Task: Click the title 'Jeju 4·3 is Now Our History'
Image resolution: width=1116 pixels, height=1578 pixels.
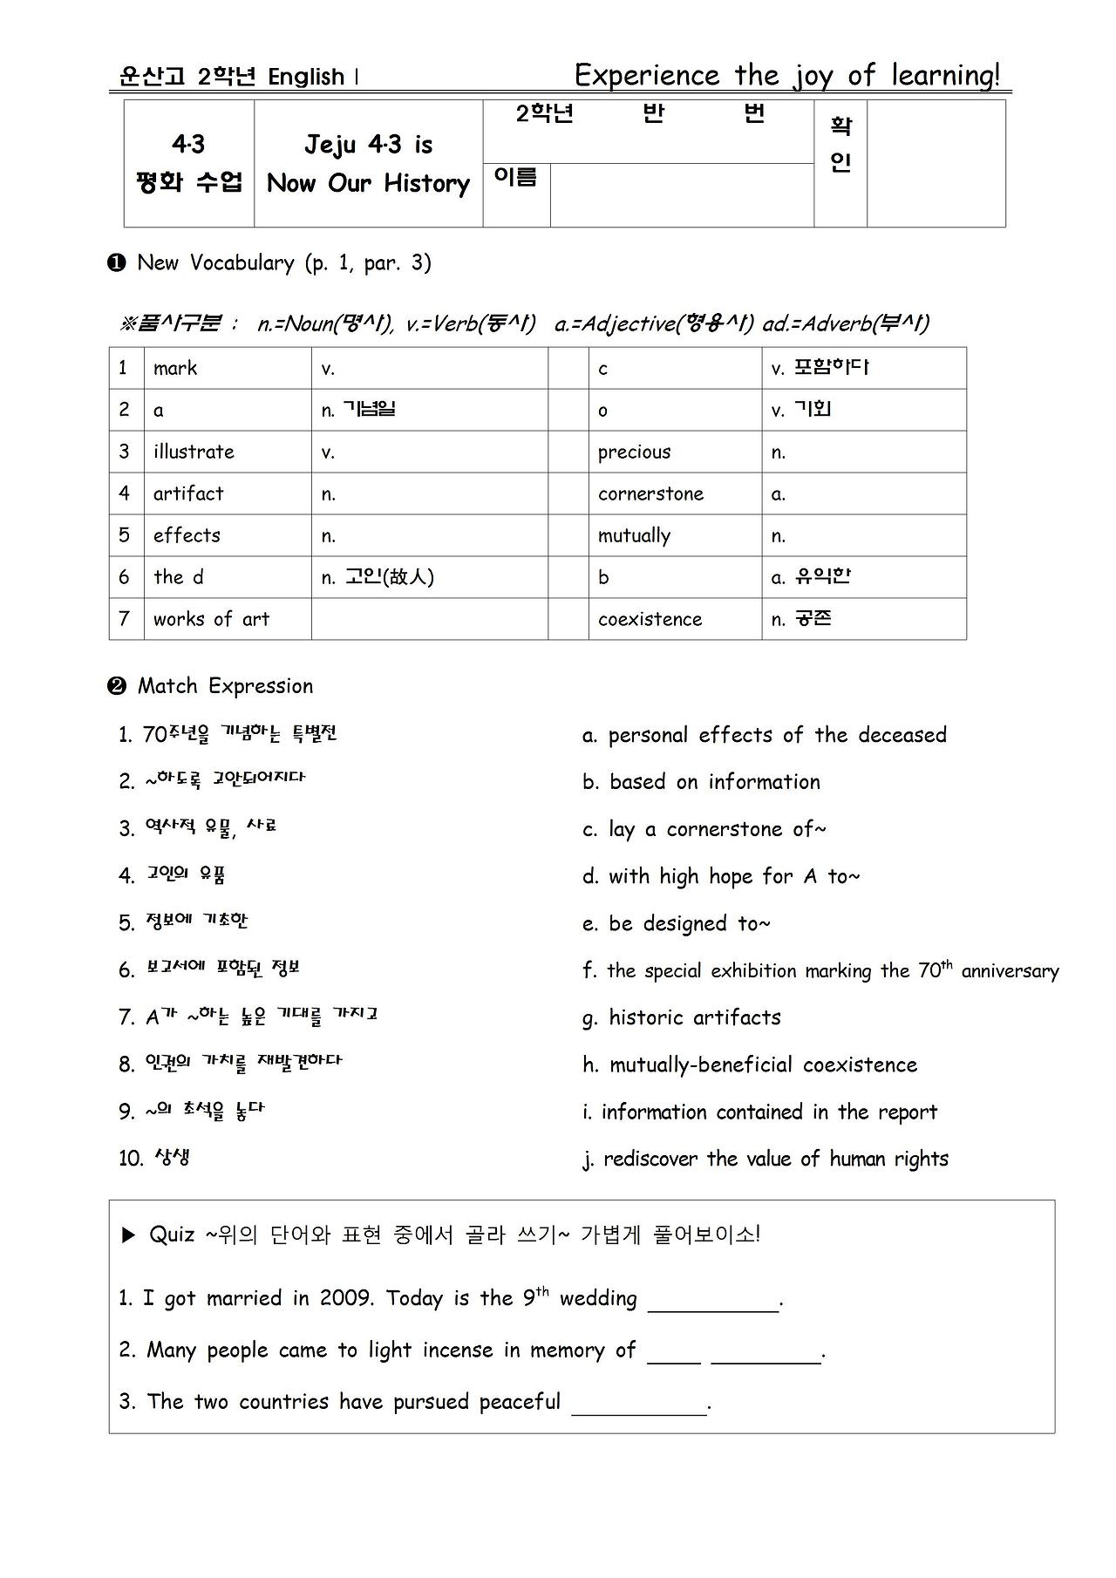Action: tap(368, 164)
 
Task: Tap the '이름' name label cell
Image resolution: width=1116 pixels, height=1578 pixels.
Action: tap(515, 177)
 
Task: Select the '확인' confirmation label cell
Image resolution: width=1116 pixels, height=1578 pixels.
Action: tap(840, 145)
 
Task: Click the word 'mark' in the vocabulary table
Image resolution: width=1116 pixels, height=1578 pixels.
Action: tap(175, 368)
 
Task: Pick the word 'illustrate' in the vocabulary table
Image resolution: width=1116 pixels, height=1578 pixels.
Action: tap(194, 452)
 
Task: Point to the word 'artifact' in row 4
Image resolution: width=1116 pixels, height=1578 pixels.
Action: tap(188, 493)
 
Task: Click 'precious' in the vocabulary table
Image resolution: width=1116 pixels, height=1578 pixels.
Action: tap(634, 452)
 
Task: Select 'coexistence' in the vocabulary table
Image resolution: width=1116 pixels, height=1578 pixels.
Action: tap(650, 619)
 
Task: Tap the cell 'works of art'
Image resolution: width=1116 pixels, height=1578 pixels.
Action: tap(211, 619)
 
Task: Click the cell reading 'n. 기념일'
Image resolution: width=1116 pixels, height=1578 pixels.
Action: tap(357, 410)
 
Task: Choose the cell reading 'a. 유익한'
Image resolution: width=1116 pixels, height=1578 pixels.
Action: tap(811, 577)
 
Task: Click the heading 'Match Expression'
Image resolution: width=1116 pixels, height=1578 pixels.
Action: tap(225, 686)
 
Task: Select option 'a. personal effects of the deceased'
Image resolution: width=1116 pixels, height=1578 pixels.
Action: tap(764, 735)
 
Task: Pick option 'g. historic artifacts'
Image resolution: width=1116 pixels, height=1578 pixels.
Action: tap(682, 1017)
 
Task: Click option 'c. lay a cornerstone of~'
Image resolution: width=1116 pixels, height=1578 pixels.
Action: tap(704, 829)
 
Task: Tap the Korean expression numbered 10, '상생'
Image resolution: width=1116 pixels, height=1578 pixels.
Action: tap(154, 1158)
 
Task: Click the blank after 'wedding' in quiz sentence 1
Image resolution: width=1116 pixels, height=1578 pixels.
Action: tap(713, 1301)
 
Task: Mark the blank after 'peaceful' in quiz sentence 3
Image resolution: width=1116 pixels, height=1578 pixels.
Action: tap(638, 1404)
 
